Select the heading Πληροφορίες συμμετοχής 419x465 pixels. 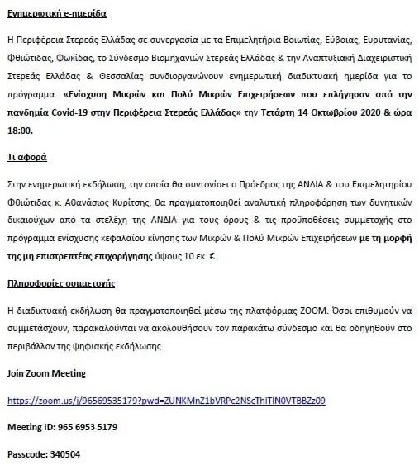click(x=60, y=283)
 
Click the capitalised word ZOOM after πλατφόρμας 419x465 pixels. click(x=301, y=311)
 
